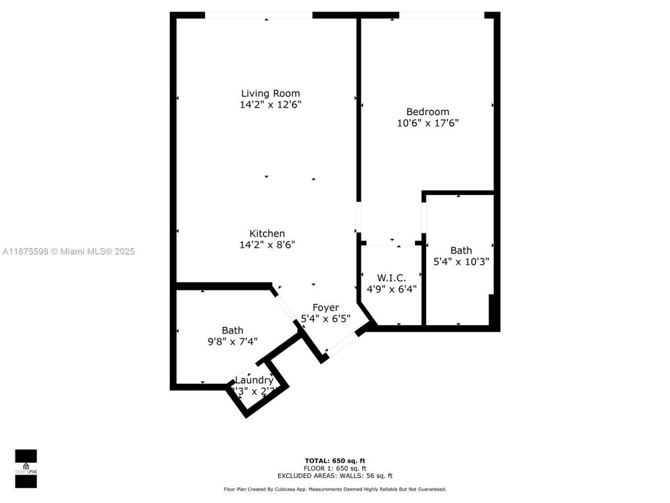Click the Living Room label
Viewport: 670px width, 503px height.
[270, 93]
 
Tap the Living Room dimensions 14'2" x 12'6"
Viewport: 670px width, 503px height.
[270, 105]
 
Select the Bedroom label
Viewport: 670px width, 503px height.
[428, 112]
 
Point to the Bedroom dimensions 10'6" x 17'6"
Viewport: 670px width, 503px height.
[428, 123]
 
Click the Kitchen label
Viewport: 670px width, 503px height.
[267, 234]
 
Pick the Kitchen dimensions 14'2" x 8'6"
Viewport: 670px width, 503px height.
[267, 245]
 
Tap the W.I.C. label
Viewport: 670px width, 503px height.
[392, 278]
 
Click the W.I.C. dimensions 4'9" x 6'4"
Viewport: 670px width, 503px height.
[392, 289]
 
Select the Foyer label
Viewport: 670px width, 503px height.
[326, 308]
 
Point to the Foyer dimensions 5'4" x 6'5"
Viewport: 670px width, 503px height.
[326, 319]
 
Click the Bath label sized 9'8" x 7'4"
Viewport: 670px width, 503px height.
[232, 331]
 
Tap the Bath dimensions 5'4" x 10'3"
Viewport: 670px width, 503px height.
[461, 261]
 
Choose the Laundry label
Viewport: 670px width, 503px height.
[254, 380]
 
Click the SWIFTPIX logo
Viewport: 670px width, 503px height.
[26, 468]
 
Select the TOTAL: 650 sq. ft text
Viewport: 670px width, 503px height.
[335, 461]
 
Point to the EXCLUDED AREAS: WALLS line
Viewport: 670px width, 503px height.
[335, 476]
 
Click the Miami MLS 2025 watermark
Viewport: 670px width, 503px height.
[68, 251]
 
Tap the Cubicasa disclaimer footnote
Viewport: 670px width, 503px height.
[335, 489]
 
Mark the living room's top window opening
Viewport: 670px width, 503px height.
[258, 15]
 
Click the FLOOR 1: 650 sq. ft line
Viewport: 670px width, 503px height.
[335, 468]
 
